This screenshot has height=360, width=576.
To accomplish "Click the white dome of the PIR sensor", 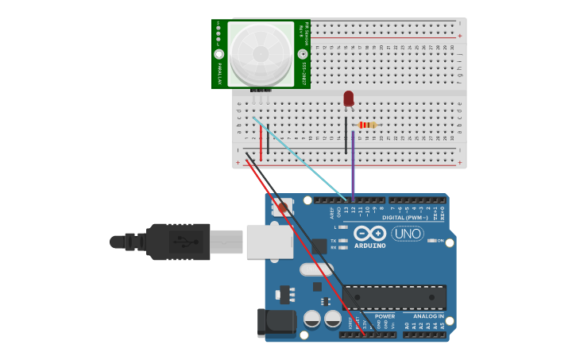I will [x=260, y=53].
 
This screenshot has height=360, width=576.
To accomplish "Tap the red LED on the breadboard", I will [x=349, y=99].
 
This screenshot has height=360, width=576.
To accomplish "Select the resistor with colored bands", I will [x=366, y=125].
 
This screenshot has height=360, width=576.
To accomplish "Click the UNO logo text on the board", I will [x=407, y=234].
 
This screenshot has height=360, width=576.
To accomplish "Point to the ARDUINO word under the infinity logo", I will [x=369, y=246].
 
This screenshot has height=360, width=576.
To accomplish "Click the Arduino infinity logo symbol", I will [x=369, y=233].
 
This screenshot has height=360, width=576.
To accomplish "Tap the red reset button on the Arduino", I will [x=280, y=210].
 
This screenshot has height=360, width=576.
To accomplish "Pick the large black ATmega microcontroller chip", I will [x=394, y=297].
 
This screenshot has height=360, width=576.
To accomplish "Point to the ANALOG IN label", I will [x=428, y=316].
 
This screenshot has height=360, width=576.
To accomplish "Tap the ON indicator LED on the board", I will [x=432, y=240].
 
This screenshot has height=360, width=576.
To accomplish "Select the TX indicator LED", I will [x=342, y=240].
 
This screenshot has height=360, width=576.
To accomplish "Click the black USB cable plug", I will [x=178, y=242].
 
